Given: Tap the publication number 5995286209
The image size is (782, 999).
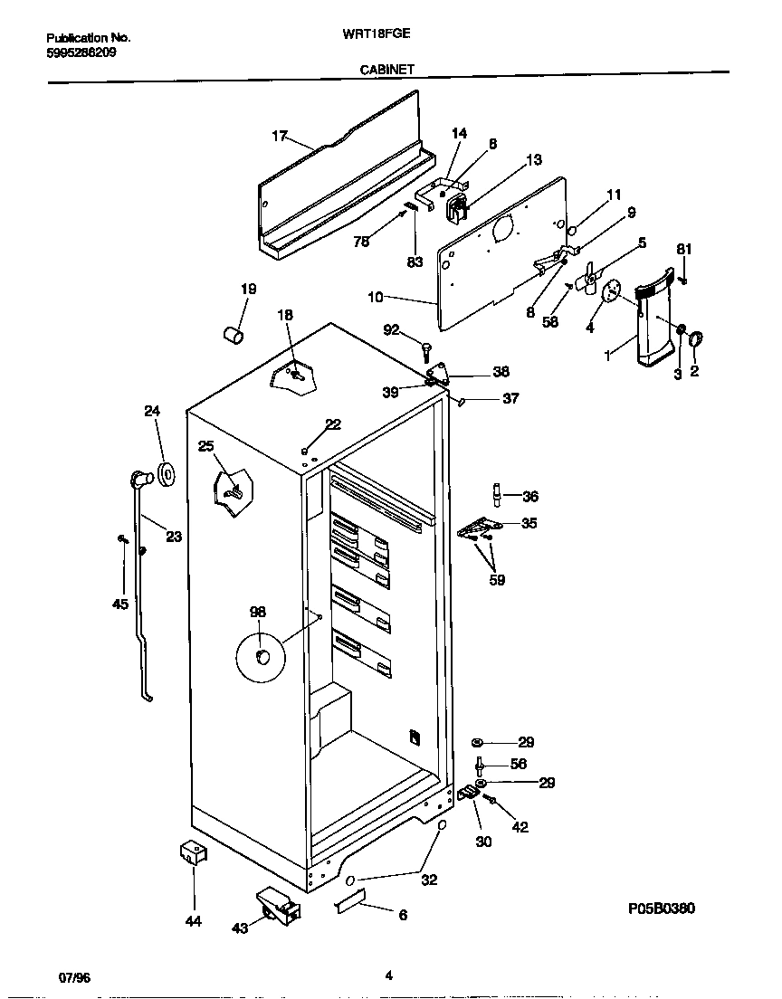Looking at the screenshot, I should click(x=81, y=52).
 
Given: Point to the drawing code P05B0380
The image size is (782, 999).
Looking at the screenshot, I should click(x=660, y=908).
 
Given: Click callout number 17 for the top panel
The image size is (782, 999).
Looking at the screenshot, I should click(x=279, y=136).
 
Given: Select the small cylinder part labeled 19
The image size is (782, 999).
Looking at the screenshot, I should click(x=234, y=336).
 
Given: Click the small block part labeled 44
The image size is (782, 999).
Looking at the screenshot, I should click(x=191, y=853).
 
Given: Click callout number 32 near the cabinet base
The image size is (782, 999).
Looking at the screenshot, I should click(x=429, y=879).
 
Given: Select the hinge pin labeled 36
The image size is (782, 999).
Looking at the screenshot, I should click(x=496, y=494).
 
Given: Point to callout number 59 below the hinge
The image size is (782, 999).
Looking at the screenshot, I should click(x=496, y=580).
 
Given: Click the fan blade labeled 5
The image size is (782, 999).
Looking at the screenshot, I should click(x=590, y=276).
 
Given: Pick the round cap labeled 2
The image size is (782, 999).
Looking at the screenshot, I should click(x=697, y=340).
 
